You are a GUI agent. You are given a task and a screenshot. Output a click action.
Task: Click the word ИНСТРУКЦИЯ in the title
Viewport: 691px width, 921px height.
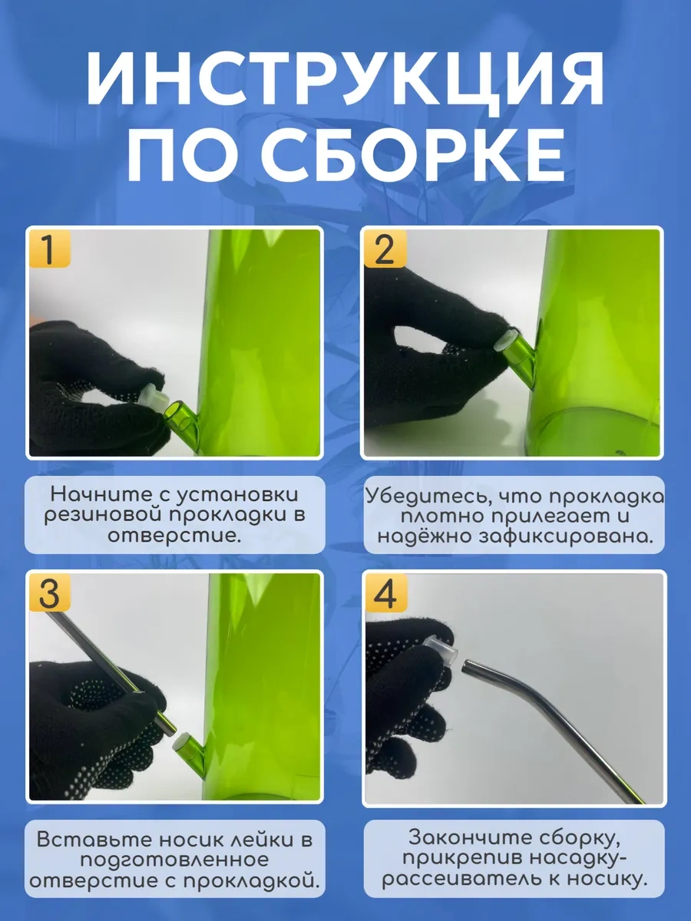coord(345,79)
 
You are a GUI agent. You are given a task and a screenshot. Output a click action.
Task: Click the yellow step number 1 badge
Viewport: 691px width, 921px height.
coord(49,249)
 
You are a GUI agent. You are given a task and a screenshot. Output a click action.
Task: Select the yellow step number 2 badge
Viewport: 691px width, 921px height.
coord(385,249)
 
